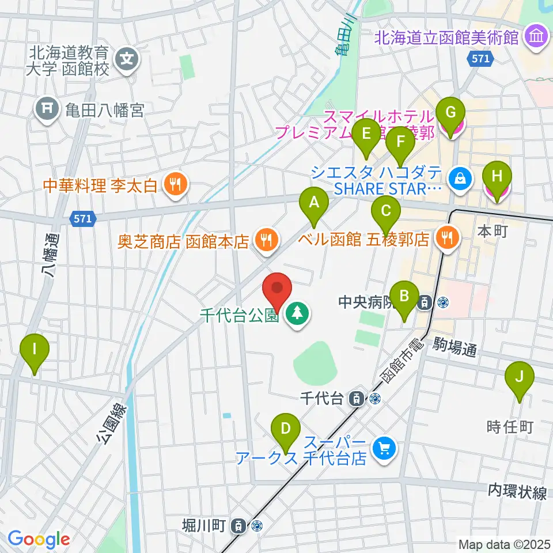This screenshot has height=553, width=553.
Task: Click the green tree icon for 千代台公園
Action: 297,314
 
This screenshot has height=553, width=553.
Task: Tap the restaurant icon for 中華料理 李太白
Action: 173,184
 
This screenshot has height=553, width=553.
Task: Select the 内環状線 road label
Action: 517,491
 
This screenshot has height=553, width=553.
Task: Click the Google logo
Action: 39,540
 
